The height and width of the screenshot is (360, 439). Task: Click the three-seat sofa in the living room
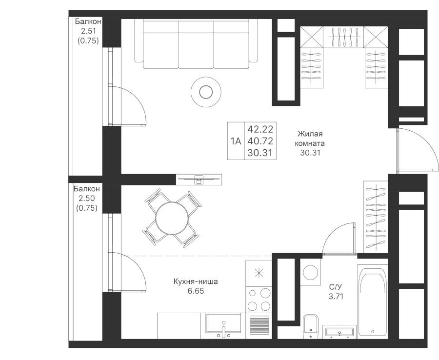click(x=196, y=44)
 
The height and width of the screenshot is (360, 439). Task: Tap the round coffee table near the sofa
click(x=206, y=91)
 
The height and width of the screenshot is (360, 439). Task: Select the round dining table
click(x=170, y=217)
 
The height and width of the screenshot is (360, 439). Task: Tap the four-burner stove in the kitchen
click(x=259, y=299)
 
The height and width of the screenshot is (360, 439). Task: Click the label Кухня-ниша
click(x=195, y=282)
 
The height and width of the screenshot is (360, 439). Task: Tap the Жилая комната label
click(x=310, y=139)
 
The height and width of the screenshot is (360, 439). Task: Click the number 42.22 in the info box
click(x=260, y=130)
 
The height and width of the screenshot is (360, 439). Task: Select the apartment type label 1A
click(x=236, y=141)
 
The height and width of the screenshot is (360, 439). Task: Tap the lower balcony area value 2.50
click(x=86, y=198)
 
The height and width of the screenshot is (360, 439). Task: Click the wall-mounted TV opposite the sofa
click(x=199, y=180)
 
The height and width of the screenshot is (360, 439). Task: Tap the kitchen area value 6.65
click(x=195, y=291)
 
